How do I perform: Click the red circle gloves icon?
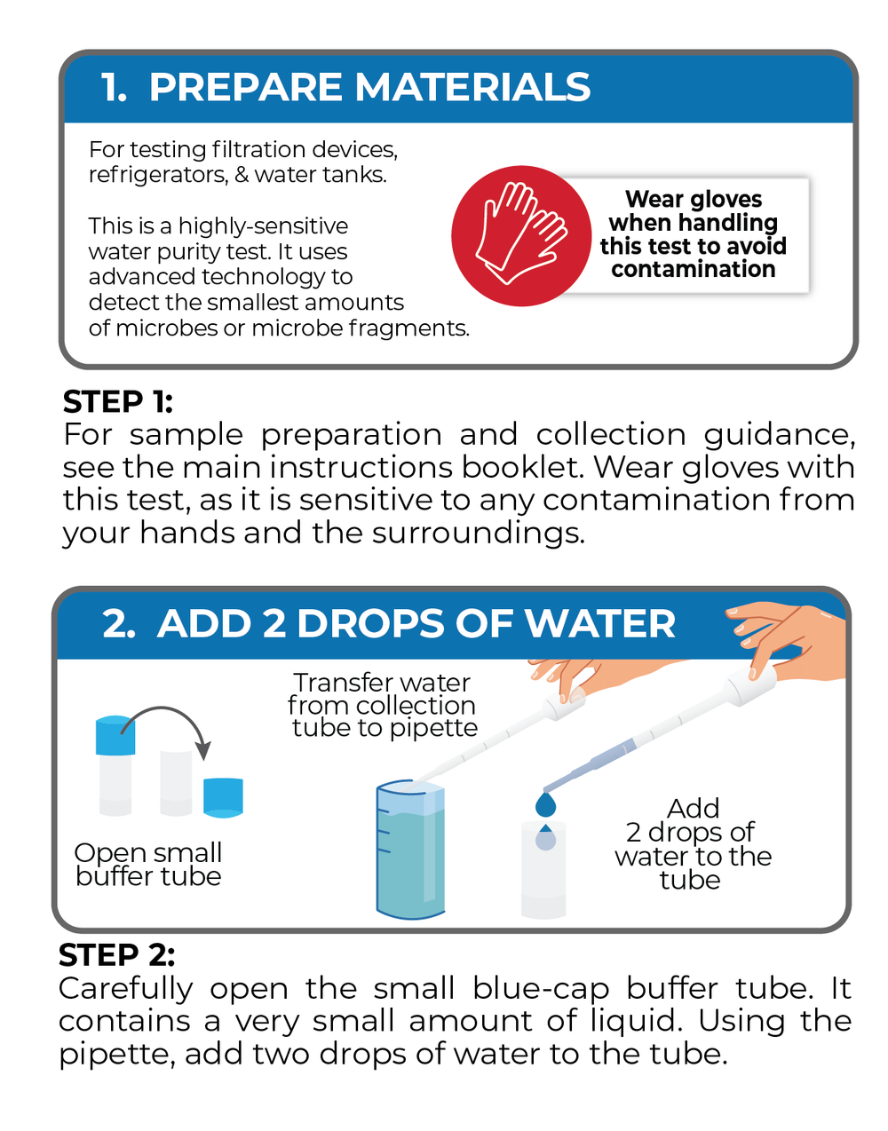[x=521, y=236]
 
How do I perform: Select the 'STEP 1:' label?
[x=117, y=401]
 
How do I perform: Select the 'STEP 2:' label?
[x=116, y=955]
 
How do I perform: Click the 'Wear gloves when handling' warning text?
[x=694, y=210]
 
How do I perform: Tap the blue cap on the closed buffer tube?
[x=115, y=735]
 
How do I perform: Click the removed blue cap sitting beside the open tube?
[x=223, y=797]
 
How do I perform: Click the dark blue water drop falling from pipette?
[x=545, y=804]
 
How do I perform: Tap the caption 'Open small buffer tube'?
[x=148, y=865]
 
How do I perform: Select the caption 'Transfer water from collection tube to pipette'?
[x=383, y=705]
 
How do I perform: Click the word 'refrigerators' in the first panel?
[x=159, y=176]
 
